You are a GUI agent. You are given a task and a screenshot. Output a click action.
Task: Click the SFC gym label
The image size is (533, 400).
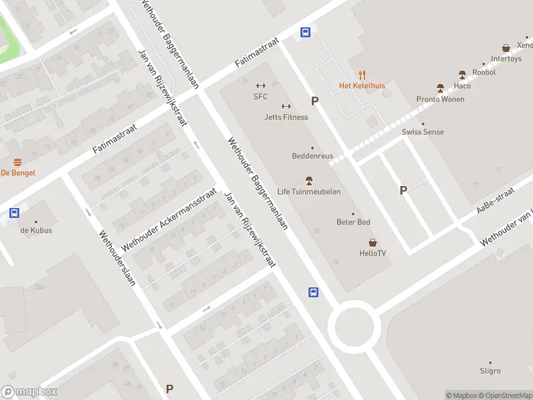pyautogui.click(x=260, y=96)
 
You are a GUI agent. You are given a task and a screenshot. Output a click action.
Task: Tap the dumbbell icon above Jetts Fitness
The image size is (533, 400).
pyautogui.click(x=286, y=106)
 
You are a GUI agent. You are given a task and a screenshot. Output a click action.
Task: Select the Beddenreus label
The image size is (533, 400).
pyautogui.click(x=312, y=156)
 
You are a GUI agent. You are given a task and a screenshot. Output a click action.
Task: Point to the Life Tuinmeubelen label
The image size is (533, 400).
pyautogui.click(x=308, y=191)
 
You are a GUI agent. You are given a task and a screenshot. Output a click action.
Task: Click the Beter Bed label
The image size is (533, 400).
pyautogui.click(x=353, y=222)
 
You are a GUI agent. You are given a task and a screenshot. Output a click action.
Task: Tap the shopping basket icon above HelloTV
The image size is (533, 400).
pyautogui.click(x=372, y=243)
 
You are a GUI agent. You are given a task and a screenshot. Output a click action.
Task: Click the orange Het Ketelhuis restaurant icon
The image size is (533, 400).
pyautogui.click(x=362, y=75)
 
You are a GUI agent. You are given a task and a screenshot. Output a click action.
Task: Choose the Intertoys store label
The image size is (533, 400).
pyautogui.click(x=506, y=59)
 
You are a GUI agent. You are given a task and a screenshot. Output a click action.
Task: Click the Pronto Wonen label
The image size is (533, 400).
pyautogui.click(x=440, y=99)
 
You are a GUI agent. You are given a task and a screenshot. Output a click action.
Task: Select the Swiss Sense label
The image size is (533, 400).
pyautogui.click(x=422, y=132)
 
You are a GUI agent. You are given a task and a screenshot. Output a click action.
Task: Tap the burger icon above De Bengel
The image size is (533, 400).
pyautogui.click(x=17, y=162)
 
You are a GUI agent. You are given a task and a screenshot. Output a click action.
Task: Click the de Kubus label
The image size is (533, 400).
pyautogui.click(x=36, y=230)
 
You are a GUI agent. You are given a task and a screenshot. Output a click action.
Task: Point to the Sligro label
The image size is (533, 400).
pyautogui.click(x=490, y=371)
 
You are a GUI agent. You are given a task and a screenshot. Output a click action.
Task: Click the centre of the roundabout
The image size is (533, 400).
pyautogui.click(x=354, y=327)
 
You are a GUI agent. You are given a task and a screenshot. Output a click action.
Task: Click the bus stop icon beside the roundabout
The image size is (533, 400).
pyautogui.click(x=312, y=292)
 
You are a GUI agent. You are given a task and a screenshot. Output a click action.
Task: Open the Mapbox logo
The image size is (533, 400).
pyautogui.click(x=29, y=392)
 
